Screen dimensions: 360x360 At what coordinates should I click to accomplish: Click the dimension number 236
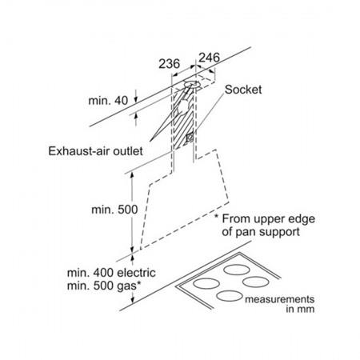click(x=170, y=64)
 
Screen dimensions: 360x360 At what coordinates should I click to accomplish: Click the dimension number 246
click(x=210, y=58)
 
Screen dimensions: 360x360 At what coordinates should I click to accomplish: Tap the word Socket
click(x=243, y=90)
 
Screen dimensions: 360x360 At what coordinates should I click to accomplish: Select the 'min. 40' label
click(x=108, y=101)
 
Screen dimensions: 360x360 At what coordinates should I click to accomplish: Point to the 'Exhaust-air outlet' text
click(x=95, y=151)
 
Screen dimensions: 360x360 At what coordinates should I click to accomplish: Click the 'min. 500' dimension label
click(x=114, y=210)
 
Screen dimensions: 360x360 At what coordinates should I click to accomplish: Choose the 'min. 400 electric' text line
click(x=111, y=273)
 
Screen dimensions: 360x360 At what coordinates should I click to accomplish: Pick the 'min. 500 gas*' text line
click(x=104, y=286)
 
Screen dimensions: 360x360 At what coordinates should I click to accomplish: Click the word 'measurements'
click(x=280, y=299)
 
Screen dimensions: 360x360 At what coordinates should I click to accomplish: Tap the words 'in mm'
click(x=300, y=310)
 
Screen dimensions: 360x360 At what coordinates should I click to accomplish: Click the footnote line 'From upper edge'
click(x=269, y=219)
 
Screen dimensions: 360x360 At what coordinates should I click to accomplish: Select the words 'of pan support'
click(x=261, y=232)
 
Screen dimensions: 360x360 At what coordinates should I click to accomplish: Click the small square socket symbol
click(x=190, y=138)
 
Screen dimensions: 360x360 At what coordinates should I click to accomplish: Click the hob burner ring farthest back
click(x=237, y=270)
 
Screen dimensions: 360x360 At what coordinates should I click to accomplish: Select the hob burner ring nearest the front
click(x=230, y=296)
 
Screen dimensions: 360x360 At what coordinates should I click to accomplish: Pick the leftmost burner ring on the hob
click(x=206, y=283)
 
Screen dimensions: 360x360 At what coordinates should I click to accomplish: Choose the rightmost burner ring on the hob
click(x=255, y=282)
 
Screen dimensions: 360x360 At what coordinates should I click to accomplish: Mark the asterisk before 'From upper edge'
click(x=217, y=216)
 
